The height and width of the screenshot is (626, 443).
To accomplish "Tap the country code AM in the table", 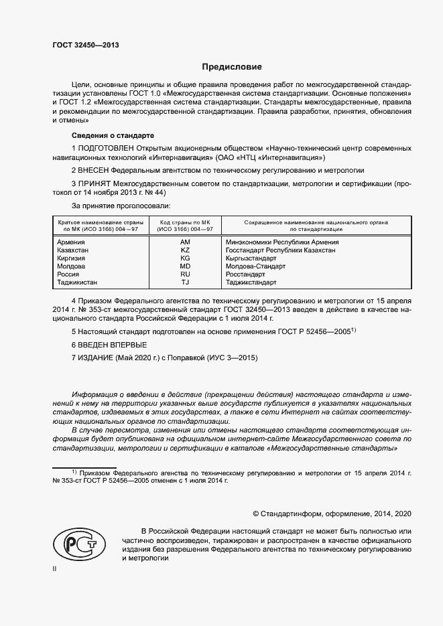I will click(186, 242).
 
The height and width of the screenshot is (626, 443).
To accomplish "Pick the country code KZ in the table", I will click(186, 250).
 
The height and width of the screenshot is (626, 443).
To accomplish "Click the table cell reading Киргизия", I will click(72, 258).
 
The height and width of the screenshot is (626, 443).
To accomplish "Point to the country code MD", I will click(186, 266).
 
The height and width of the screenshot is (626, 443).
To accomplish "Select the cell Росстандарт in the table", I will click(246, 275).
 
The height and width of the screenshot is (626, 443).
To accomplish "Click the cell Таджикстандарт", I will click(251, 283).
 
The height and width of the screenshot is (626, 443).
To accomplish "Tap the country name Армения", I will click(72, 242).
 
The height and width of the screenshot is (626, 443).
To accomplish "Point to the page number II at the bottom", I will click(55, 570).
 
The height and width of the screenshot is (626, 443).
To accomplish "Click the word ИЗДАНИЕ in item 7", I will click(97, 358).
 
